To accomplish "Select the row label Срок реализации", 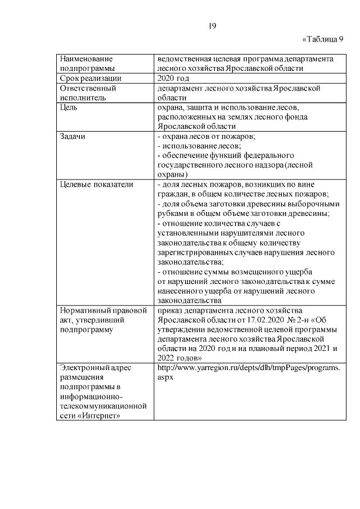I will point(91,79).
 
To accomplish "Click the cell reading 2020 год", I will point(176,79).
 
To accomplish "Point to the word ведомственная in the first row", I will point(184,59).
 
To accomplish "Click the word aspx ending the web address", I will point(167,377).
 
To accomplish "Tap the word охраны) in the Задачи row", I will point(173,174).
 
